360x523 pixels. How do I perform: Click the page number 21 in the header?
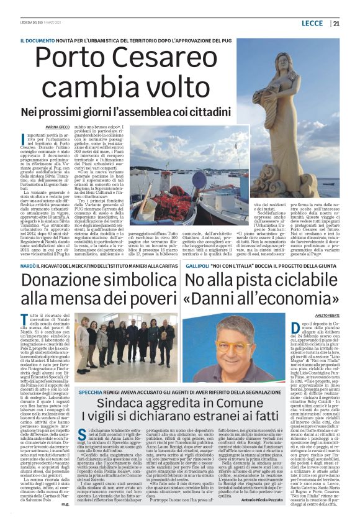click(x=336, y=24)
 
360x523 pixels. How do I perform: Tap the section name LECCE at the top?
click(x=312, y=24)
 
